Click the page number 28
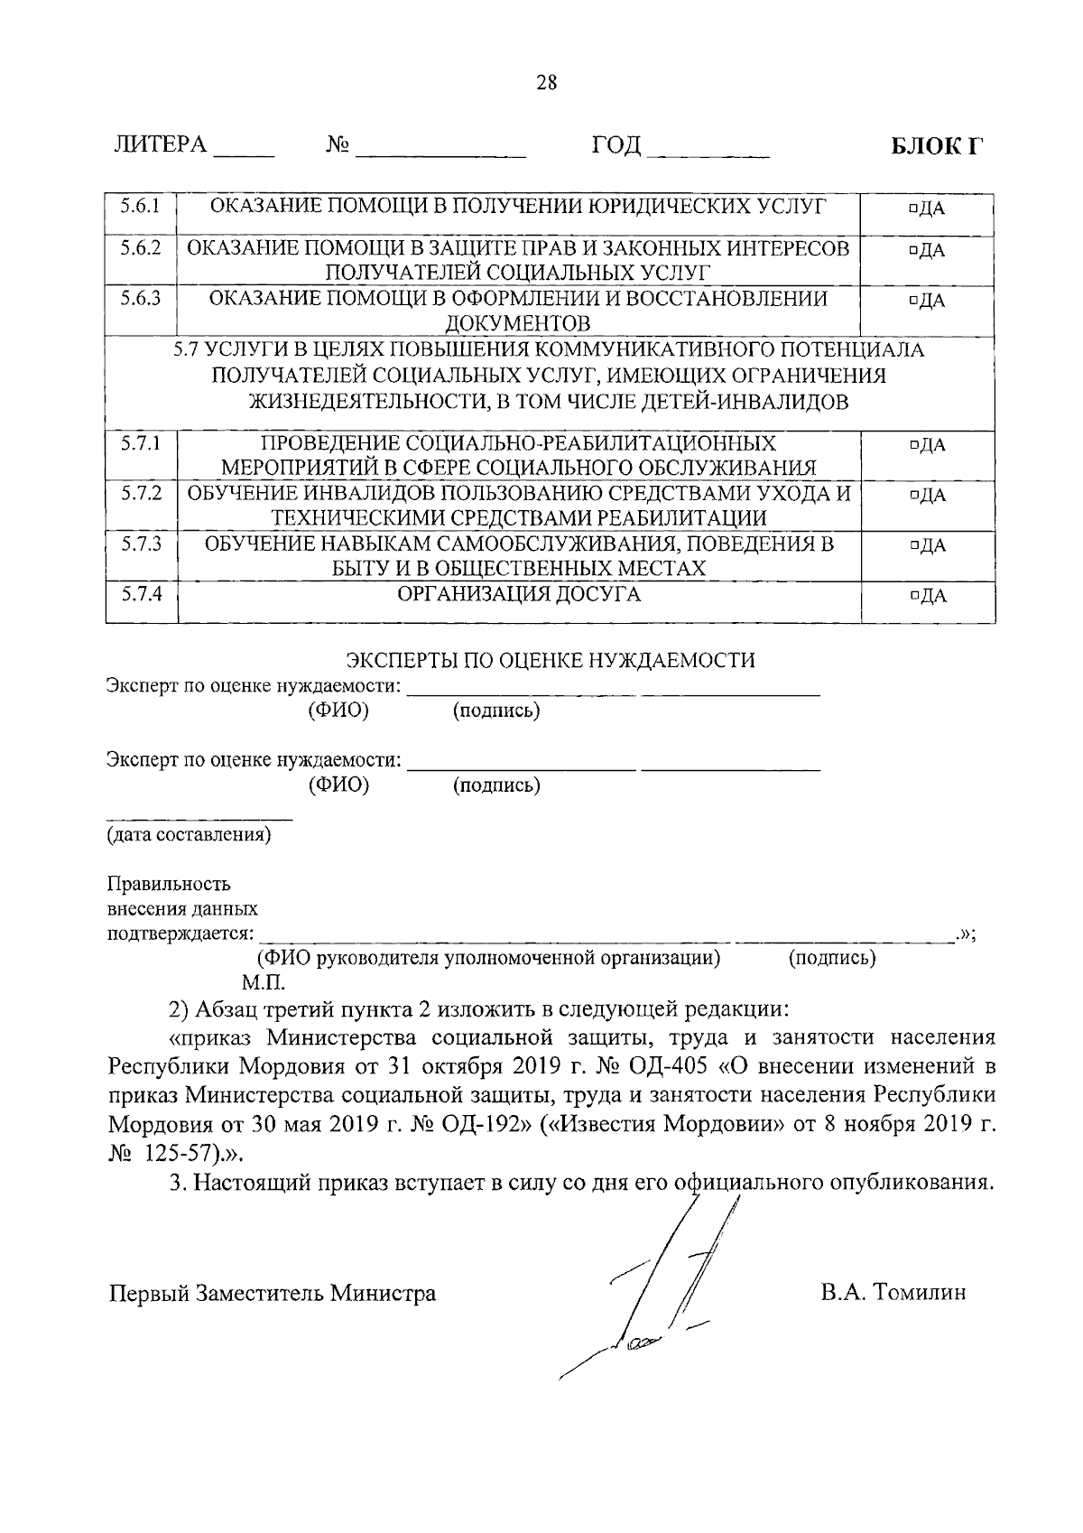[x=547, y=83]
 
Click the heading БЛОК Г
[x=936, y=146]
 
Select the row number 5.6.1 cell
[x=141, y=206]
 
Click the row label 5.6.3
[x=141, y=298]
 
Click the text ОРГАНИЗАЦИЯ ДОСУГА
[x=519, y=594]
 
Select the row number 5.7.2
[x=141, y=494]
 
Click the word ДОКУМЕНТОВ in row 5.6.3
[x=518, y=323]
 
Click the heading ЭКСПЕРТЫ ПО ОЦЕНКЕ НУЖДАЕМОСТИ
[x=551, y=660]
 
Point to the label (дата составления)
[x=189, y=834]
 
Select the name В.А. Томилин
[x=893, y=1293]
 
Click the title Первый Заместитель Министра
[x=272, y=1294]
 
